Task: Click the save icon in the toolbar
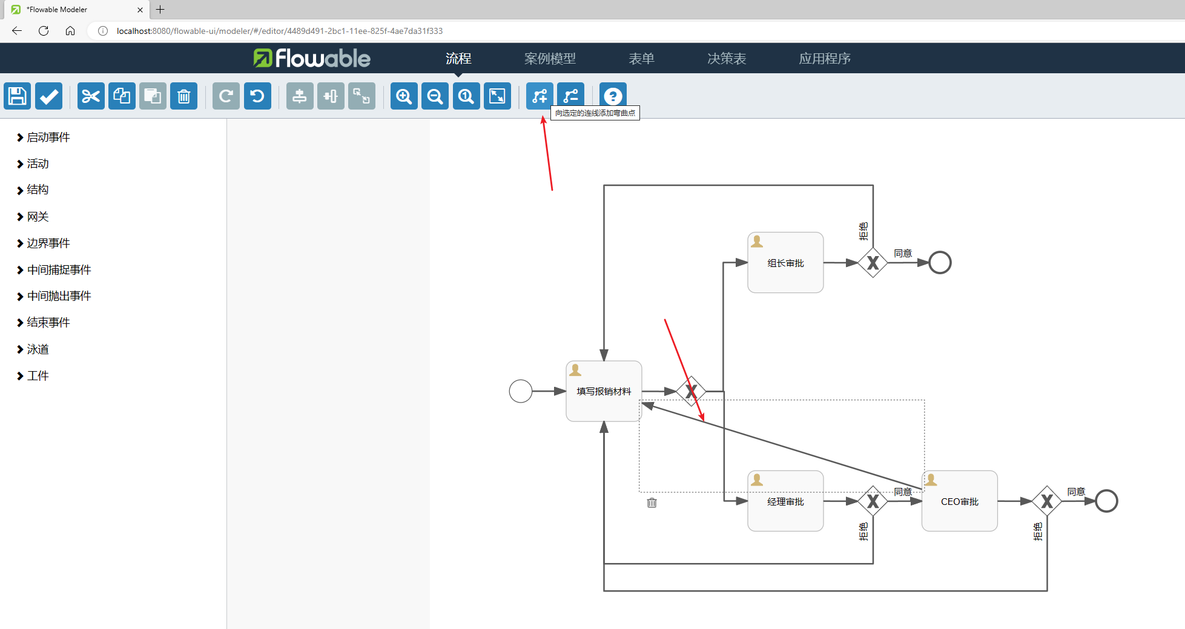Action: [17, 96]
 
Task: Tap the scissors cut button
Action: [91, 96]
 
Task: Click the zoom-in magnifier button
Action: [404, 96]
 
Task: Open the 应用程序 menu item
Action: [824, 59]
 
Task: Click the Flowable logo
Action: [312, 59]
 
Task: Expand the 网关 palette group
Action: [37, 217]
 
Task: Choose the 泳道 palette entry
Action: [37, 349]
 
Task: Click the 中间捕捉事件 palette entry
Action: [58, 270]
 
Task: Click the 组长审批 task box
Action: [785, 263]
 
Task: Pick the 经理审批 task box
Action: [785, 501]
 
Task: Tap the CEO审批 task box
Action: [959, 501]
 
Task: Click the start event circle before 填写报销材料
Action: [521, 391]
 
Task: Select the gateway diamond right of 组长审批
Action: [873, 263]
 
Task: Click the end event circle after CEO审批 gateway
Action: [1106, 501]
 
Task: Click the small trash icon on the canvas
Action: [652, 502]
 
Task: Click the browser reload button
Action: [44, 31]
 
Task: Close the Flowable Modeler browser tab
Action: [140, 10]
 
